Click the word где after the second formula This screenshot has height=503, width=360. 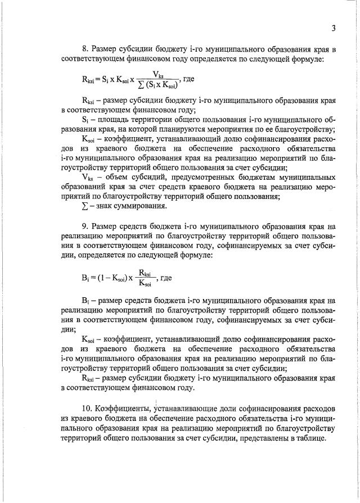click(x=166, y=278)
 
